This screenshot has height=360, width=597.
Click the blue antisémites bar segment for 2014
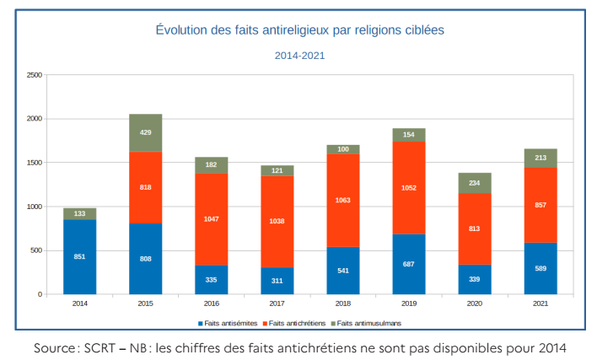(x=79, y=256)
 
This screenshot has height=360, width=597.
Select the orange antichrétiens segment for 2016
(x=212, y=218)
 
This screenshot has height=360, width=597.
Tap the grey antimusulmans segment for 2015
(x=145, y=132)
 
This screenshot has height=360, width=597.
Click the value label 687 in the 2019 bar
(x=410, y=265)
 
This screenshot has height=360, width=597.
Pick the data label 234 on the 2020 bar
(x=476, y=183)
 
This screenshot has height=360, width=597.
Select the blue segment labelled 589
(x=541, y=268)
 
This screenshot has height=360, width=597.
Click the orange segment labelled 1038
(x=277, y=221)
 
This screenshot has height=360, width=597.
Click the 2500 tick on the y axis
(x=35, y=75)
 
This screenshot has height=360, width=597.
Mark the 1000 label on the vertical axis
(x=35, y=207)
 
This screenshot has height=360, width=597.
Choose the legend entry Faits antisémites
(x=229, y=323)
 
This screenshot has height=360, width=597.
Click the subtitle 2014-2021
(x=299, y=56)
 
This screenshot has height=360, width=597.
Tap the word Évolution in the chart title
(x=180, y=30)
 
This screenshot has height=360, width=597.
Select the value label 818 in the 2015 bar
(x=146, y=187)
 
